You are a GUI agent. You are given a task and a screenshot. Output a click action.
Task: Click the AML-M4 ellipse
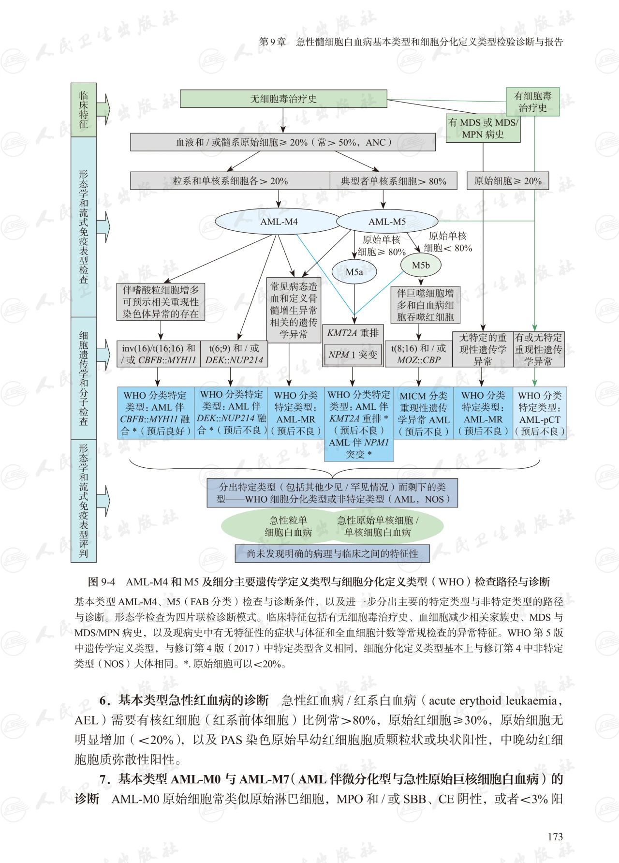tap(279, 222)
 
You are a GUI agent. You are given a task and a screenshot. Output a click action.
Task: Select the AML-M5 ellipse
tap(387, 222)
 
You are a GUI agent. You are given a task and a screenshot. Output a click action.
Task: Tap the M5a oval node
tap(354, 272)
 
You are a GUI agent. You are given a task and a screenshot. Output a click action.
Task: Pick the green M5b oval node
tap(421, 265)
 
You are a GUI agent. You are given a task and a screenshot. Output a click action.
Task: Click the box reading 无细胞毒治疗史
tap(283, 99)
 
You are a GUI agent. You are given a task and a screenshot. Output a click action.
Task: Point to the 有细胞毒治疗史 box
tap(532, 102)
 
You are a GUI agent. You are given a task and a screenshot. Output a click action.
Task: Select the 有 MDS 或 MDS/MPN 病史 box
tap(483, 129)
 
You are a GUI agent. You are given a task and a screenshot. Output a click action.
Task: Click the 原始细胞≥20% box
tap(508, 181)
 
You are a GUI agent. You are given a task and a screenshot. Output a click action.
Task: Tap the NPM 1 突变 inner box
tap(353, 355)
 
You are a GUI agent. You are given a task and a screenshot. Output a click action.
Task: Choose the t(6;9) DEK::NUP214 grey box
tap(234, 354)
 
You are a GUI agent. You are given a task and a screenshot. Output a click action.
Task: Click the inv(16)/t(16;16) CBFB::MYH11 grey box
tap(159, 354)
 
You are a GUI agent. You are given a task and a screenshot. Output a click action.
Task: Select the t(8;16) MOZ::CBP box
tap(419, 354)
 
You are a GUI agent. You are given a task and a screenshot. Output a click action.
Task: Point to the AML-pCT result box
tap(539, 413)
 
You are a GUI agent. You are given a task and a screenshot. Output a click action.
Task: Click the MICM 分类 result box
tap(424, 413)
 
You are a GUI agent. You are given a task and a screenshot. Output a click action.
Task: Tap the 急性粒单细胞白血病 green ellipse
tap(288, 526)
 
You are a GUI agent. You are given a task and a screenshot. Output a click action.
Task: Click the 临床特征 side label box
tap(84, 110)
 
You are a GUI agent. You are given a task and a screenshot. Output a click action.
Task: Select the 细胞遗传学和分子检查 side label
tap(84, 378)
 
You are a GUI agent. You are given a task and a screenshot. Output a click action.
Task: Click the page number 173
tap(555, 836)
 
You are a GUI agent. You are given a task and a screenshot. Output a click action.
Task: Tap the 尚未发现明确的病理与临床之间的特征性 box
tap(332, 553)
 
